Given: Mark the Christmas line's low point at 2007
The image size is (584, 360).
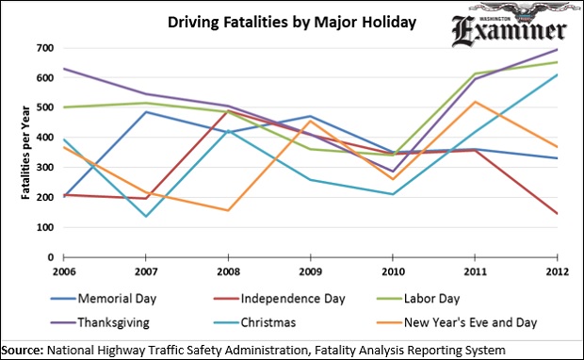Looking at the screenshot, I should (x=144, y=217).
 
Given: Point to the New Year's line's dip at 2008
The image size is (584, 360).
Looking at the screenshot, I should (x=227, y=210).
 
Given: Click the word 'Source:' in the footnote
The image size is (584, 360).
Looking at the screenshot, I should (x=24, y=349).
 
